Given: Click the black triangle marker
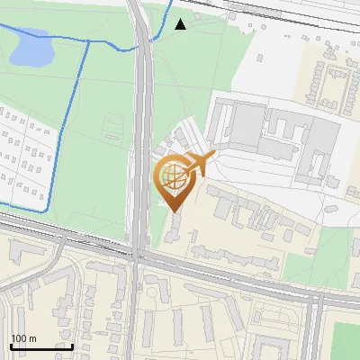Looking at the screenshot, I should pos(181,24).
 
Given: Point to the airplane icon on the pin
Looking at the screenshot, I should pos(201,165).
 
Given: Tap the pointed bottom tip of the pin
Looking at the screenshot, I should pos(175,211).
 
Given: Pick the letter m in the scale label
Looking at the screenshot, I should pos(32,338).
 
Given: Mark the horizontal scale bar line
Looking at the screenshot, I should pos(41,346).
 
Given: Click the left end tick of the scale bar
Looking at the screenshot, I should pos(11,345).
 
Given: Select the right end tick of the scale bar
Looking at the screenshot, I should pos(72,345).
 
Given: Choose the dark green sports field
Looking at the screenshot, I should pos(346,340).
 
